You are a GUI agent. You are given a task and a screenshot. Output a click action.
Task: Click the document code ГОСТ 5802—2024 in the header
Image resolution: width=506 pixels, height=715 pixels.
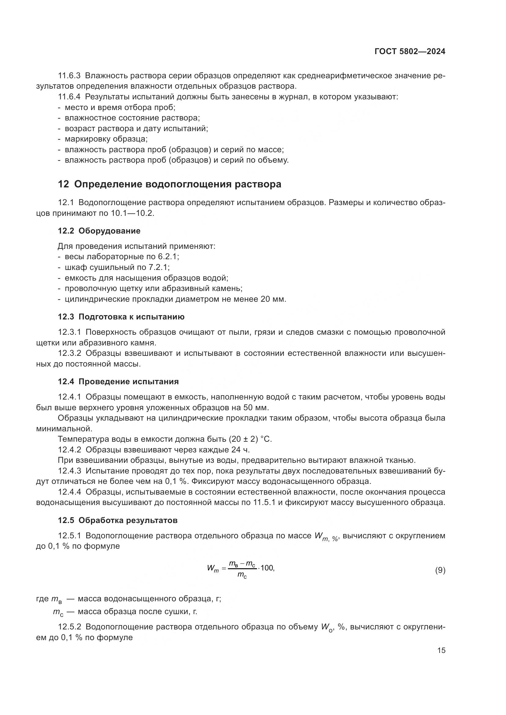click(410, 51)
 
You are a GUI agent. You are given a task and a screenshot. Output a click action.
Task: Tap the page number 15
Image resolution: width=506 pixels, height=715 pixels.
click(441, 651)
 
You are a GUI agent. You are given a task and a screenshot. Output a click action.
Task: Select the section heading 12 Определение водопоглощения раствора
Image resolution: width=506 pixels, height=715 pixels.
click(169, 184)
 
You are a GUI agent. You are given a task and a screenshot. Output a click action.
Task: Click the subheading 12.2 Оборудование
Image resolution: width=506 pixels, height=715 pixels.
click(99, 231)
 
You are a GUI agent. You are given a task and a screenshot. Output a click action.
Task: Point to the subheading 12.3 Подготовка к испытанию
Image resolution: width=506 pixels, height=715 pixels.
click(121, 317)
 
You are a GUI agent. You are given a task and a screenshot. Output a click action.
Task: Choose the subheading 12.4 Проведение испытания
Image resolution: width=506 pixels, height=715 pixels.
click(118, 381)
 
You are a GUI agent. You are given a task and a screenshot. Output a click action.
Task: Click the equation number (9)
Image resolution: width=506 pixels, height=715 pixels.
click(440, 570)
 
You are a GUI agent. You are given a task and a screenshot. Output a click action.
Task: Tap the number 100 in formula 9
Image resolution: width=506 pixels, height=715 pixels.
click(267, 568)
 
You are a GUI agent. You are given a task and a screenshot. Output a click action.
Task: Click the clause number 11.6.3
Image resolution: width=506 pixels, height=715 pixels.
click(69, 76)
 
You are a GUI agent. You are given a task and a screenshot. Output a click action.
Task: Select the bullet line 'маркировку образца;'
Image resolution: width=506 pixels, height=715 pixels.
click(106, 138)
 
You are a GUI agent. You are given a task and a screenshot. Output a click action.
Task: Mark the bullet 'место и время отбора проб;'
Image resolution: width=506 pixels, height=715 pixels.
click(120, 107)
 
